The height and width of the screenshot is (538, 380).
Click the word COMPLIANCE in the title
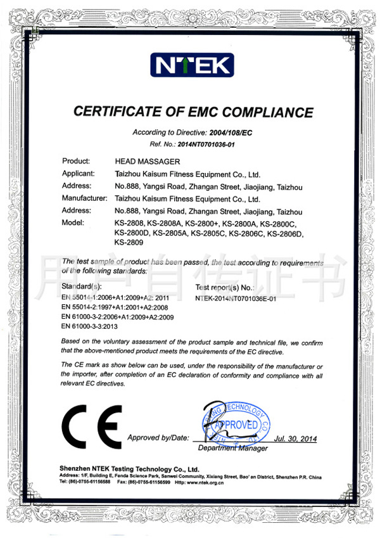(x=267, y=113)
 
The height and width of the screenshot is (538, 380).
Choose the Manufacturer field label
(x=85, y=199)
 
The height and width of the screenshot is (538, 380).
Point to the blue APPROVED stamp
(x=236, y=423)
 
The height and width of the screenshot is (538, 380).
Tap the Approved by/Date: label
(x=158, y=438)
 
